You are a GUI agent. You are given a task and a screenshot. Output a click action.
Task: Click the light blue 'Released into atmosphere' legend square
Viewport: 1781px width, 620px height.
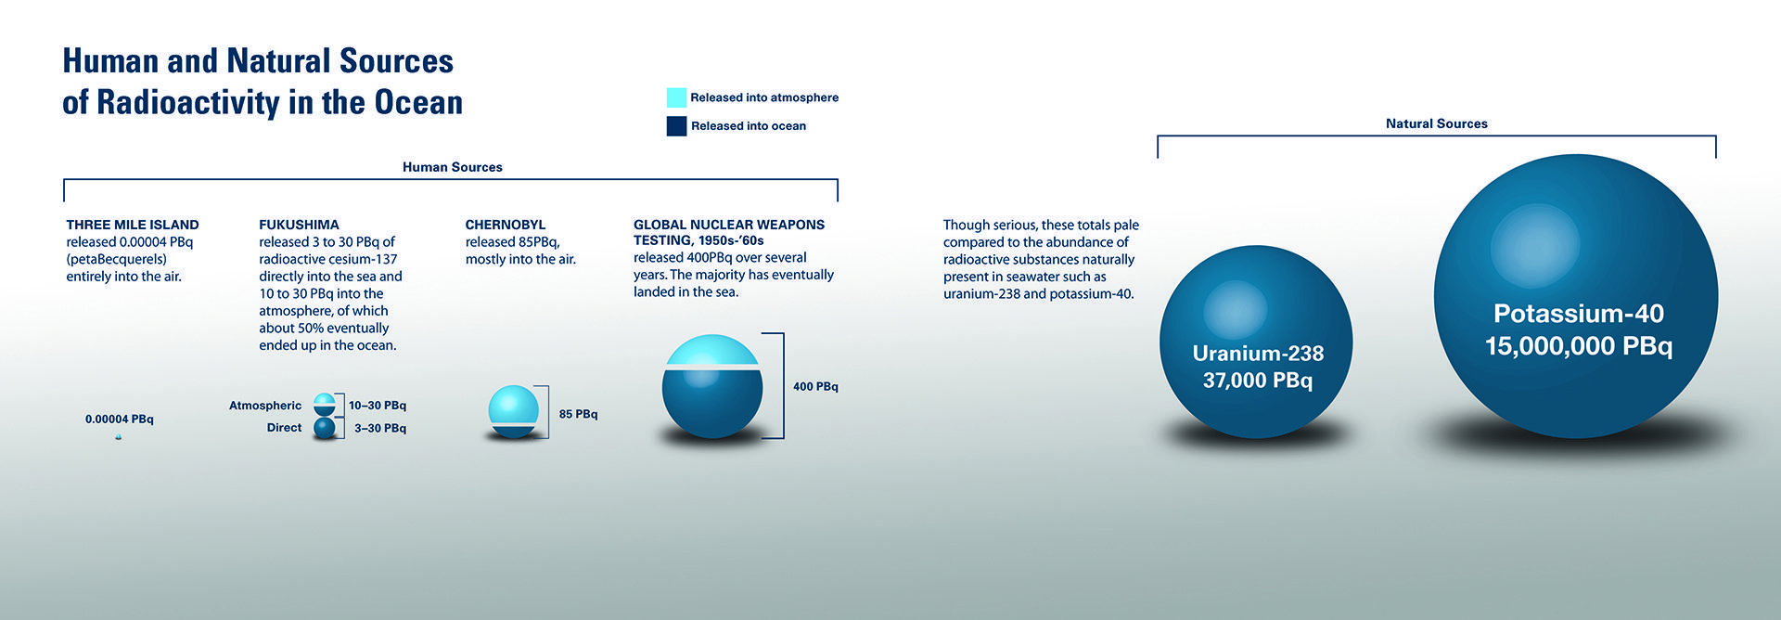676,97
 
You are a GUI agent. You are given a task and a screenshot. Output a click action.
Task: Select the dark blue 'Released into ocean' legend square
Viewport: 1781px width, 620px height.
676,126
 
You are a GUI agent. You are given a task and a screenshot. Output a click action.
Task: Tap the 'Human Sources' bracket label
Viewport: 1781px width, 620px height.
453,167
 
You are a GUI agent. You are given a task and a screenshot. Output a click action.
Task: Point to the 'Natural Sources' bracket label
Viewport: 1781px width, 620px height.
1437,123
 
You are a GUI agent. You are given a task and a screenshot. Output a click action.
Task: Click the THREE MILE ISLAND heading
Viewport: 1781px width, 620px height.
133,225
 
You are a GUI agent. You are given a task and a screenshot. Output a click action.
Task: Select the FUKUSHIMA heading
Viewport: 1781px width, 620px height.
299,225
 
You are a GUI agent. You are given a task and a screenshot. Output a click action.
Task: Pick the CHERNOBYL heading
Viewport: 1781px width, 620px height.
506,225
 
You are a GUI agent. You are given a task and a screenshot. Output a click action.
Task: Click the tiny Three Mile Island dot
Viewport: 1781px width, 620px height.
119,437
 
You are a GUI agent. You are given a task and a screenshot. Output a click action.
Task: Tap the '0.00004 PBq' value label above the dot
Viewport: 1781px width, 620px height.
120,420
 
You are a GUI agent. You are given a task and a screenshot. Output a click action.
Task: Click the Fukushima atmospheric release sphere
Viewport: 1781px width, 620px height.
325,404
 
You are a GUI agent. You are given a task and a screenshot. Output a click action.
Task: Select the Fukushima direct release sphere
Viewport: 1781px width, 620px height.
325,428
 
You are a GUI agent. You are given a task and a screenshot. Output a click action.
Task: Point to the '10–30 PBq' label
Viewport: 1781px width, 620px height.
378,406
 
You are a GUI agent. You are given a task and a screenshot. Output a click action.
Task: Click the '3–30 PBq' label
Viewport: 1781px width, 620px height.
380,428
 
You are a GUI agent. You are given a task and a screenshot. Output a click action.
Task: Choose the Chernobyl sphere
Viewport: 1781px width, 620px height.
514,411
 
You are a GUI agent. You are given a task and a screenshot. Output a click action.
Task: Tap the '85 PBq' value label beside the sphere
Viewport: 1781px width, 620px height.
579,414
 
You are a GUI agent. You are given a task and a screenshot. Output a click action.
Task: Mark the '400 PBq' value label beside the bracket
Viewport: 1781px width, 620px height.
815,386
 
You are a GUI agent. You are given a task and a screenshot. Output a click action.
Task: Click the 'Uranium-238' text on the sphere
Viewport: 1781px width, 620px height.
1258,354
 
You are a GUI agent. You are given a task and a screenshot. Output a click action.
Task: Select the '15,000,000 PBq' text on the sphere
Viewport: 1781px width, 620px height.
1579,346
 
